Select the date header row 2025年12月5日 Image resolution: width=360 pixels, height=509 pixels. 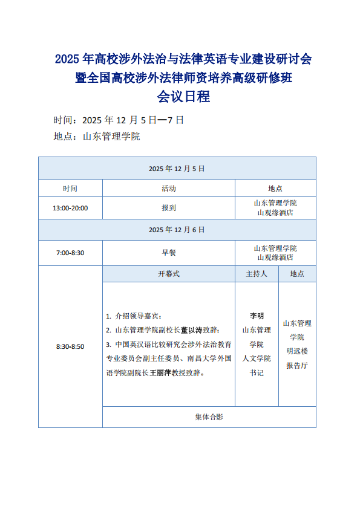pos(177,168)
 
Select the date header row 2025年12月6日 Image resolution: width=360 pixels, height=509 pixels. pos(177,230)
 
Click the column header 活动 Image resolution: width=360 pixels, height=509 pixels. pos(169,189)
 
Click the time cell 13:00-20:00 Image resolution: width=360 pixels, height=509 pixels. pos(70,208)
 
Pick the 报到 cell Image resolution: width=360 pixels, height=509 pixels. pos(169,208)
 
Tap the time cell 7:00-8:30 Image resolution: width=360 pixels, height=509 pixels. pos(70,253)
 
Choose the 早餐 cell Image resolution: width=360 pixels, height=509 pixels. pos(169,253)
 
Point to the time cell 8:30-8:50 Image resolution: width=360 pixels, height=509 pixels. pos(70,346)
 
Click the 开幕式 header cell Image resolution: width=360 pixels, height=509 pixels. pos(169,274)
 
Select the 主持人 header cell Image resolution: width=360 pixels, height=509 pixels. pos(257,274)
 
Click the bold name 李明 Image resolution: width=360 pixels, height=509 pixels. pos(257,316)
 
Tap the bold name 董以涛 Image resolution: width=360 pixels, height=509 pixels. pos(191,330)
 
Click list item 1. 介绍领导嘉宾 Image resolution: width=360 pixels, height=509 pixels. pos(134,316)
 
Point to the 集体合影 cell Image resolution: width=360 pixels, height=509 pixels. pos(209,417)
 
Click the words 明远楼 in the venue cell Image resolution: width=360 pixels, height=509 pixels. pos(297,351)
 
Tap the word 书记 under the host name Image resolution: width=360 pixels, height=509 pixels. pos(257,373)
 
